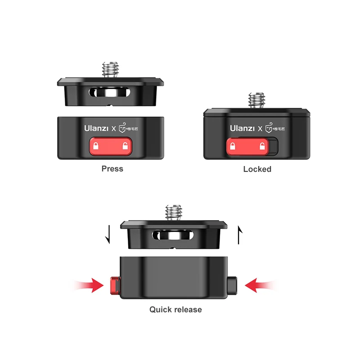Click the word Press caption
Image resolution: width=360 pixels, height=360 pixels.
point(112,169)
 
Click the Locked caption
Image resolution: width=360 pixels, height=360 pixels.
point(257,169)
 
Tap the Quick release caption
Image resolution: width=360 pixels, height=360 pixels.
point(175,310)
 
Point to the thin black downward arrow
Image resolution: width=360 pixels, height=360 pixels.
point(108,234)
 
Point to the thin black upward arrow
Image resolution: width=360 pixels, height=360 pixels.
point(240,234)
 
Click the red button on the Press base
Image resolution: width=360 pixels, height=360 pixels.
point(110,146)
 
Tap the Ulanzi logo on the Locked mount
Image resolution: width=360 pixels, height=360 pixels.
point(242,128)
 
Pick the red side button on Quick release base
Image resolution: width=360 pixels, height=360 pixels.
point(114,285)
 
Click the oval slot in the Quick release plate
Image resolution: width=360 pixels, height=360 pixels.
point(173,234)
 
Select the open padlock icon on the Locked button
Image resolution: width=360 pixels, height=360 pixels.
point(261,146)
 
